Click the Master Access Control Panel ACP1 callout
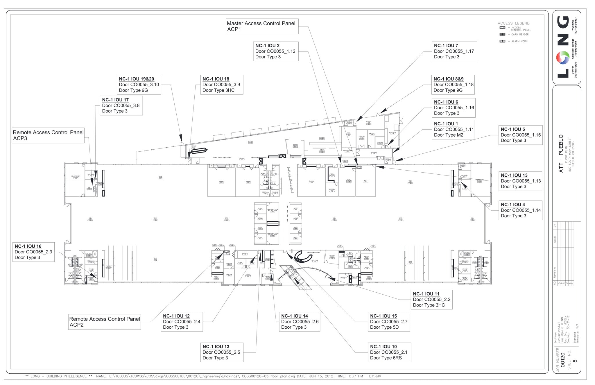click(262, 26)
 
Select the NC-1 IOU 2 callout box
click(275, 51)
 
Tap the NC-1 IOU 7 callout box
click(454, 51)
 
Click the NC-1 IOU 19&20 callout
click(139, 85)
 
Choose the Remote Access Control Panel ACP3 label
click(48, 135)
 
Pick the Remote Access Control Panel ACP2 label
click(104, 322)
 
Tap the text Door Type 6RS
click(386, 358)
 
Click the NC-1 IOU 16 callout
click(33, 252)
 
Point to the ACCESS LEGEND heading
click(513, 23)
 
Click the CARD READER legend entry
click(520, 35)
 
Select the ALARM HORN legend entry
click(519, 41)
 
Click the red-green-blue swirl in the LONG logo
click(562, 58)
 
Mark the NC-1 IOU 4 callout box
click(520, 210)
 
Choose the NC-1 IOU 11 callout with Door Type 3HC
click(431, 300)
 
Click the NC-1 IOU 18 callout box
click(221, 85)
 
